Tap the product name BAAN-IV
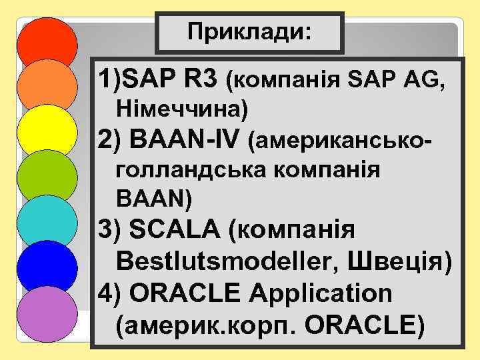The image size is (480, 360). [190, 139]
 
